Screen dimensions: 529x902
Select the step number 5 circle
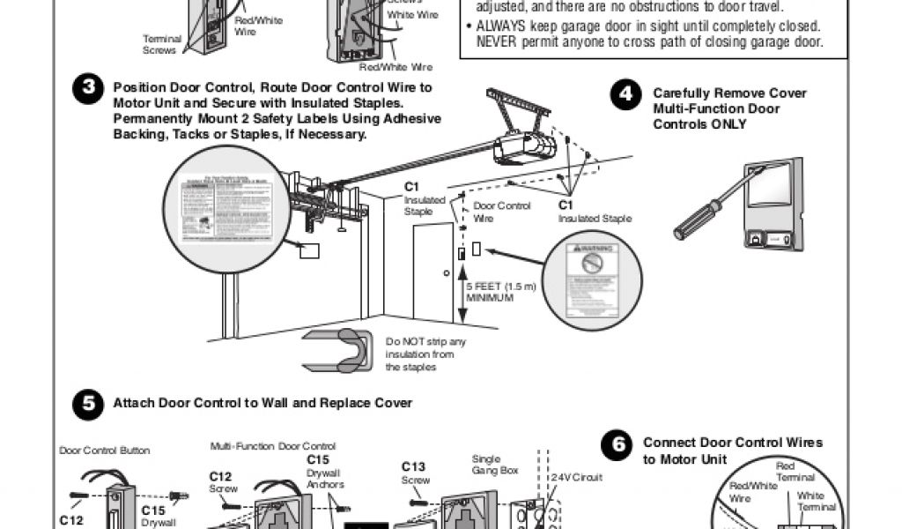[88, 404]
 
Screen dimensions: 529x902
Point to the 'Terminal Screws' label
[162, 45]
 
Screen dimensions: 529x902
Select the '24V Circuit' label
[573, 477]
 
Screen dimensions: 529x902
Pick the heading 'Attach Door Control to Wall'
[262, 403]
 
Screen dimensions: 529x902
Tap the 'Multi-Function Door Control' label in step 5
[273, 446]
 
